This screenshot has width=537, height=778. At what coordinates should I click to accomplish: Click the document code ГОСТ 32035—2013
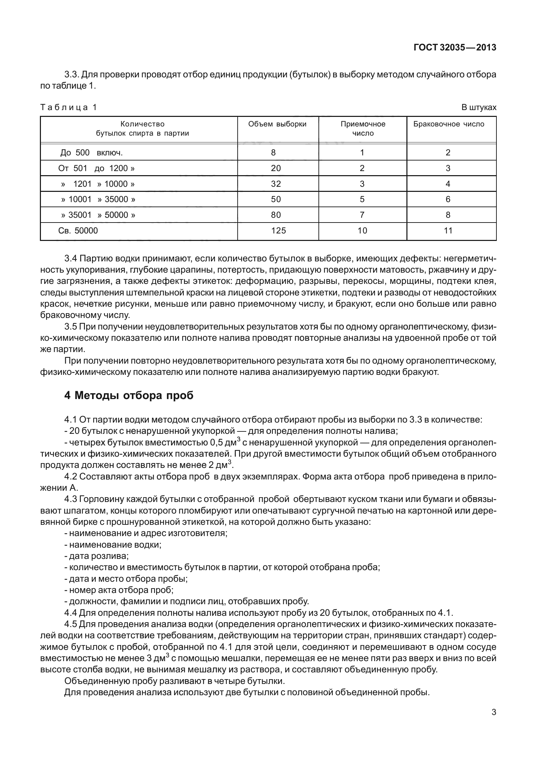[455, 48]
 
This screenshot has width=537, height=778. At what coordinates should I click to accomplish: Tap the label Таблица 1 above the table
[69, 107]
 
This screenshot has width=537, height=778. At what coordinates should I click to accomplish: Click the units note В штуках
[479, 108]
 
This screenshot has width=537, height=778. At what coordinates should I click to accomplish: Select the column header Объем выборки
[277, 124]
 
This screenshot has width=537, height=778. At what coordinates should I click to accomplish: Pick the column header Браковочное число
[449, 124]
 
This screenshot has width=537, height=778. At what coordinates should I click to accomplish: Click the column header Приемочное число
[363, 128]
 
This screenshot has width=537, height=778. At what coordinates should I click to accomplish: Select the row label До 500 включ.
[91, 153]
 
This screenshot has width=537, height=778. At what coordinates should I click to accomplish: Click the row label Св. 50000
[78, 231]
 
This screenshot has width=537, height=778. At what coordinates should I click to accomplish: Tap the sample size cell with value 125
[278, 231]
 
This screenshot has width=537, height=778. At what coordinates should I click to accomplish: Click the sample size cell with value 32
[275, 184]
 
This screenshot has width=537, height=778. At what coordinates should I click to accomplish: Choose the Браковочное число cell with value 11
[448, 231]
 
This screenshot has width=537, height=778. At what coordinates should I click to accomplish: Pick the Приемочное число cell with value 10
[362, 231]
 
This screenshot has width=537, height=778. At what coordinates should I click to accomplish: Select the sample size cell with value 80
[275, 215]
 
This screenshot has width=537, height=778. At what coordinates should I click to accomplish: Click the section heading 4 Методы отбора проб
[129, 395]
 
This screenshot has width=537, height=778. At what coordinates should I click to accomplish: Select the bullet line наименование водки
[113, 545]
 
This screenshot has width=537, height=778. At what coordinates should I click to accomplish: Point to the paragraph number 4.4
[71, 613]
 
